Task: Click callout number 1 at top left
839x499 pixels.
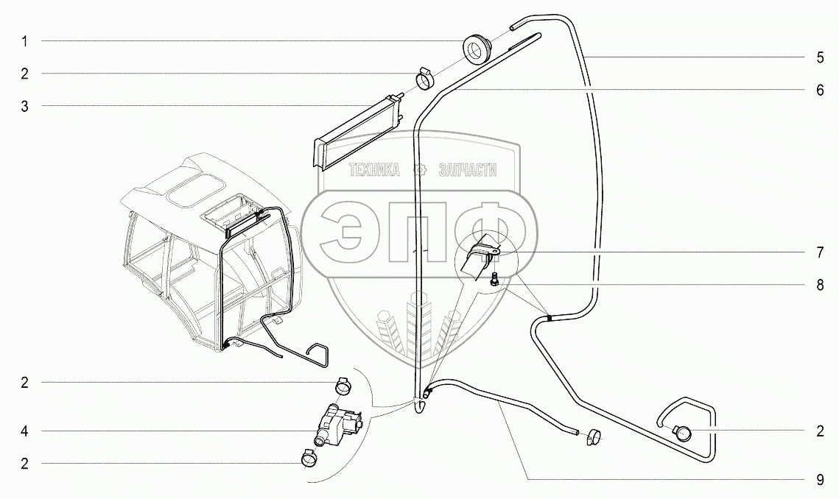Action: [25, 42]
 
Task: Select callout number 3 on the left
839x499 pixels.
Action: [25, 107]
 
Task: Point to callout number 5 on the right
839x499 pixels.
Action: [820, 57]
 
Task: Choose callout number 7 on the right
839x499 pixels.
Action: [820, 252]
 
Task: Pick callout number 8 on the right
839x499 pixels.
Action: [820, 286]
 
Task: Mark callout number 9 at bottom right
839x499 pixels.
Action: [820, 480]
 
